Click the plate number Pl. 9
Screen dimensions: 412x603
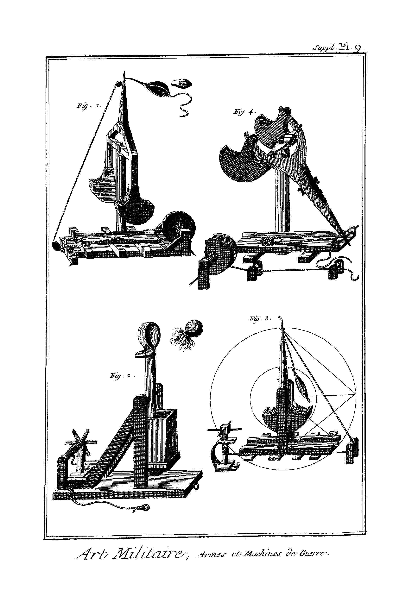pos(352,47)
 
